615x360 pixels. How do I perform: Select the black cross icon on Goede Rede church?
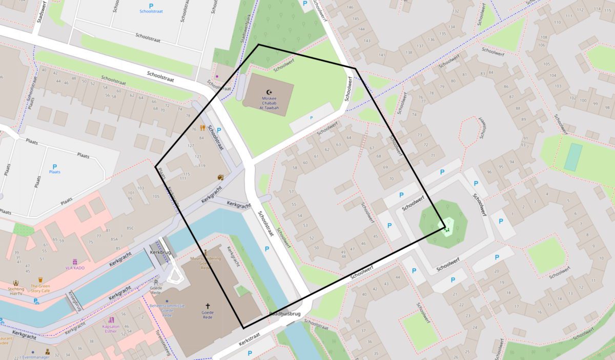pyautogui.click(x=208, y=306)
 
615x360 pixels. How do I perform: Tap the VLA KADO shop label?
pyautogui.click(x=74, y=268)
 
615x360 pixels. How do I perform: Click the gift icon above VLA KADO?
pyautogui.click(x=74, y=262)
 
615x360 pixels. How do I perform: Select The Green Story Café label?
pyautogui.click(x=40, y=289)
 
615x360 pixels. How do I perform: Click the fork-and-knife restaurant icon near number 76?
pyautogui.click(x=202, y=128)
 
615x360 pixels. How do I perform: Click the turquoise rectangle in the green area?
pyautogui.click(x=573, y=157)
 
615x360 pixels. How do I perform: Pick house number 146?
pyautogui.click(x=351, y=7)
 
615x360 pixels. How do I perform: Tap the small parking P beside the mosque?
pyautogui.click(x=312, y=118)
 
